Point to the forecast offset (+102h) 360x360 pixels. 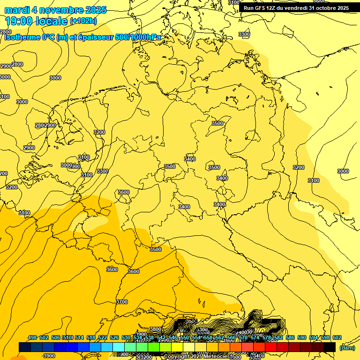(x=83, y=21)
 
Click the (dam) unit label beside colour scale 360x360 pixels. (x=347, y=348)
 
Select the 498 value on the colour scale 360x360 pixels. (x=32, y=338)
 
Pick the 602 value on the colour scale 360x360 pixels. (x=337, y=338)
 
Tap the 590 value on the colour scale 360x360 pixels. (x=302, y=338)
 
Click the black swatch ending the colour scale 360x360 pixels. (x=330, y=347)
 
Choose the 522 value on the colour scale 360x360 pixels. (x=103, y=338)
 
